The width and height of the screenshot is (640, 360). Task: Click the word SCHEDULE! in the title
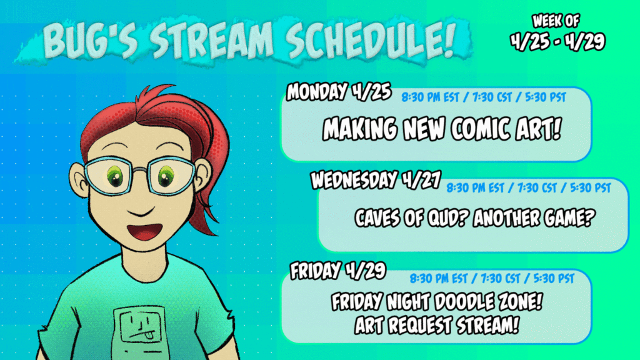(371, 40)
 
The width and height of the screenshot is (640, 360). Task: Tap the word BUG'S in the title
(91, 40)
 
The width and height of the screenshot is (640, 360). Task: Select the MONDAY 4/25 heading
(339, 91)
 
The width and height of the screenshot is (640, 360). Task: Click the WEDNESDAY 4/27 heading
(376, 179)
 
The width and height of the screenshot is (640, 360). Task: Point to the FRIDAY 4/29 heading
(338, 270)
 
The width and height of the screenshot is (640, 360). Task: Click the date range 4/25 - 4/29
(557, 42)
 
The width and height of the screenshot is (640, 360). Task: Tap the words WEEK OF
(556, 21)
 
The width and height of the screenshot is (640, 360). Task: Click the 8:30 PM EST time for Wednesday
(475, 188)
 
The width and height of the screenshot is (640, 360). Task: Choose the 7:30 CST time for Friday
(500, 279)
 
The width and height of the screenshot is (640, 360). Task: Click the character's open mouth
(144, 232)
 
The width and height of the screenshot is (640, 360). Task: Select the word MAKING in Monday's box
(359, 129)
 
